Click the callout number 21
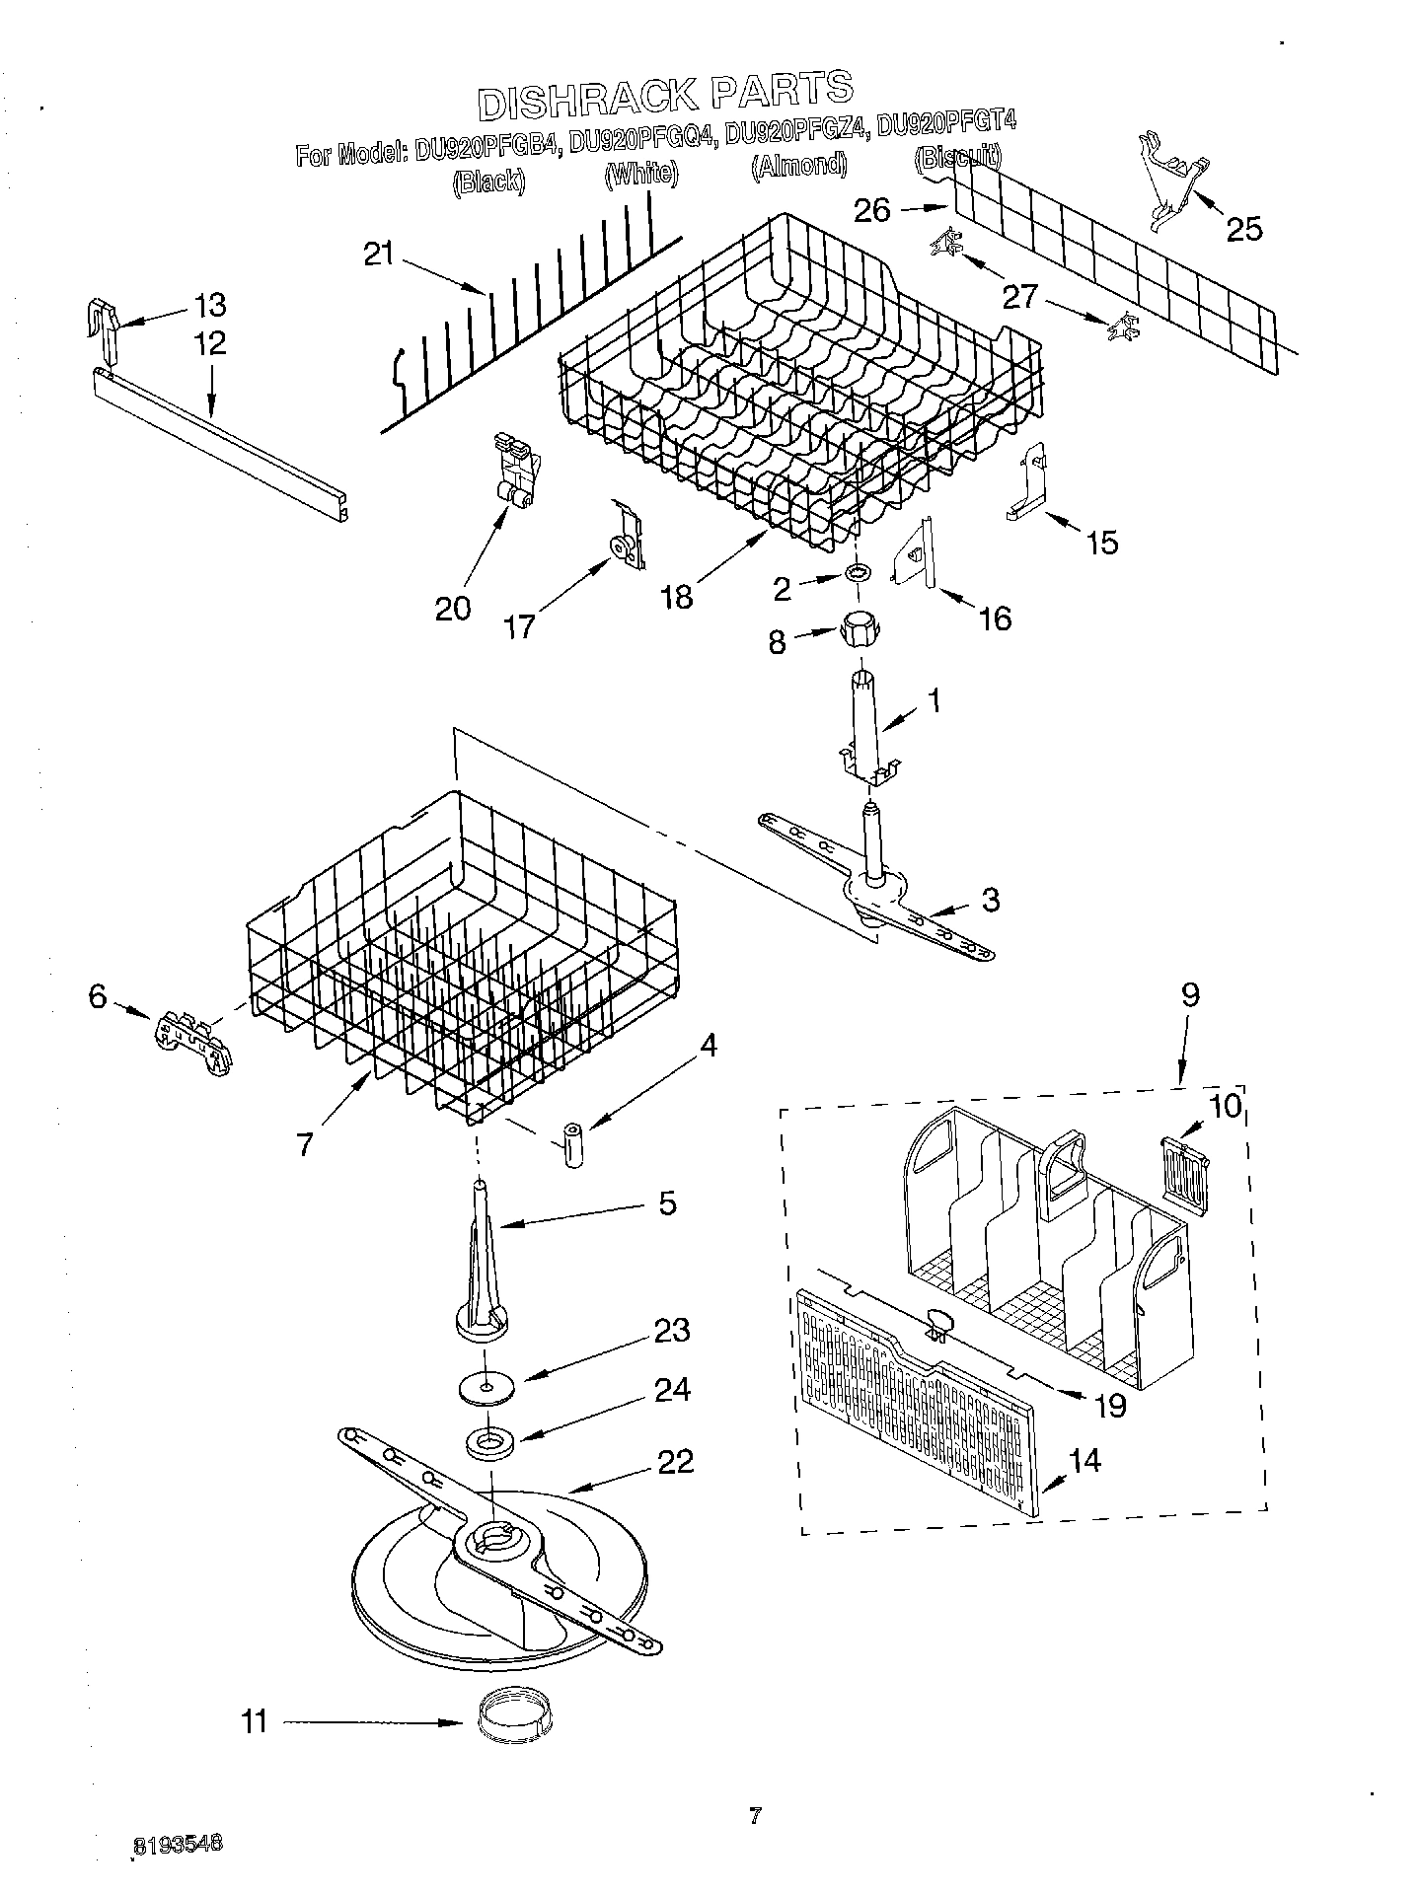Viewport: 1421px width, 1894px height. tap(378, 255)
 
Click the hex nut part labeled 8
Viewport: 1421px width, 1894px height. tap(860, 628)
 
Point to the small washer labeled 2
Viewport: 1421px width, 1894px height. tap(858, 572)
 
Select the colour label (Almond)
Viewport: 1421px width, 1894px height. tap(798, 164)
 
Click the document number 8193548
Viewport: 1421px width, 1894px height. tap(178, 1845)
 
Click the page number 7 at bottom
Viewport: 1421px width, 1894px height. tap(755, 1814)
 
